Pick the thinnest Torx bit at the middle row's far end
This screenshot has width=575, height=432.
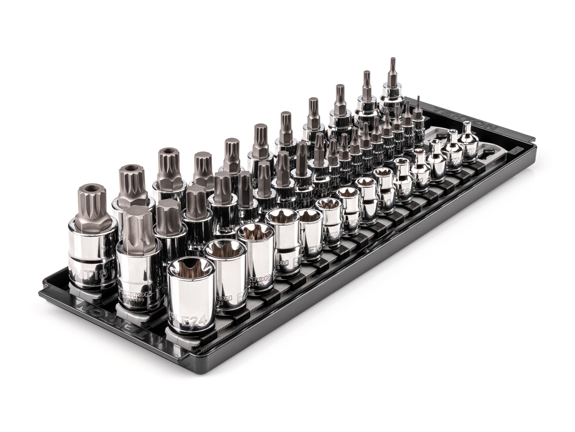pyautogui.click(x=417, y=112)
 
